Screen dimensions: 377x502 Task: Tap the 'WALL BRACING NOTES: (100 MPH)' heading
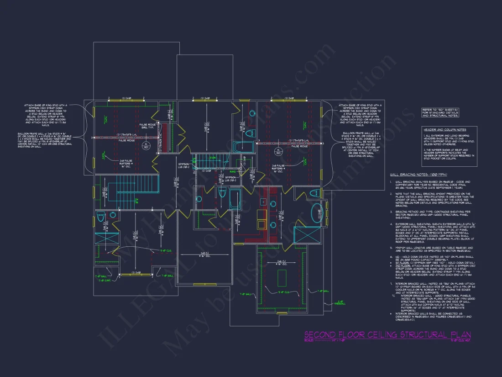[418, 175]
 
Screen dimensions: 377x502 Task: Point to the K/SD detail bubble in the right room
[277, 151]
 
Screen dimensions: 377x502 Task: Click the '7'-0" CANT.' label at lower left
[105, 281]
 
